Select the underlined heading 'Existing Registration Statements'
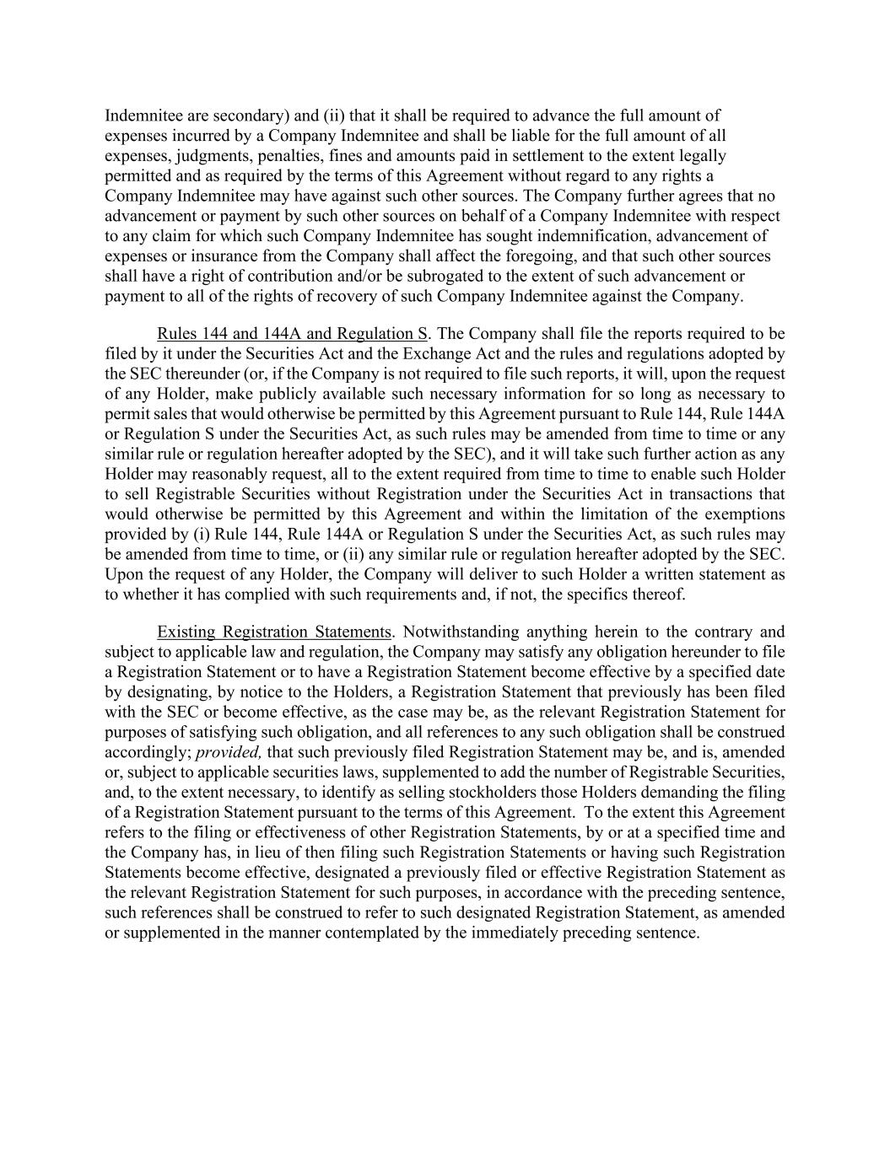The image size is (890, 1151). point(274,632)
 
